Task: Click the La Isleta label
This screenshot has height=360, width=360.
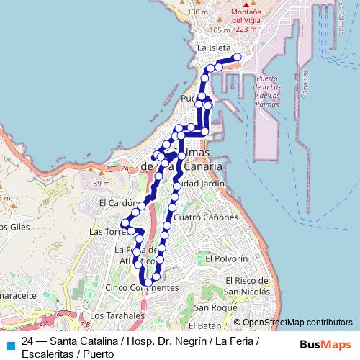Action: (214, 48)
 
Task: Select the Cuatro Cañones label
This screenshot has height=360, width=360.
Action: (206, 217)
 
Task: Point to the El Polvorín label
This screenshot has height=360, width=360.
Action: (226, 258)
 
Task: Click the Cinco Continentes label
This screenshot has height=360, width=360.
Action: (141, 287)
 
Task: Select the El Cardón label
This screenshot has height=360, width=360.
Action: (113, 203)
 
